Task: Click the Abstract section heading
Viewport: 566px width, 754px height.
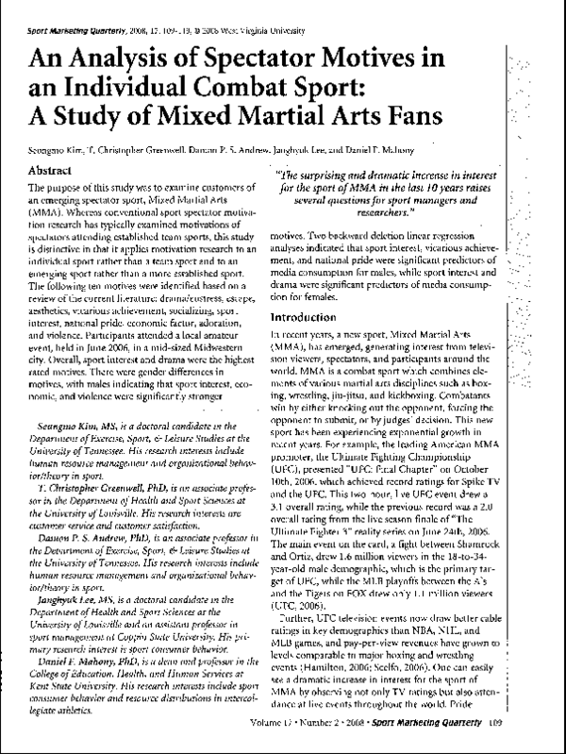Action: point(55,171)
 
